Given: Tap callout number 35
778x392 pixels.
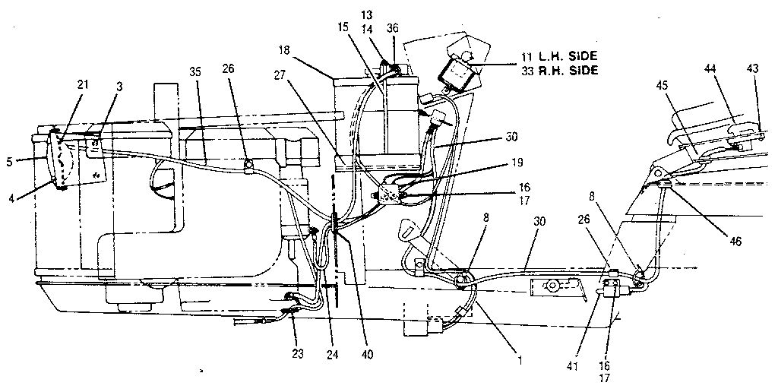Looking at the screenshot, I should coord(196,73).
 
